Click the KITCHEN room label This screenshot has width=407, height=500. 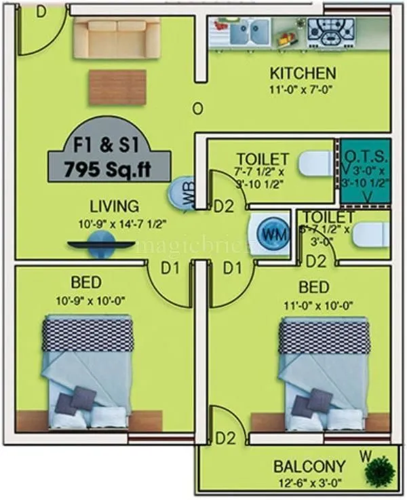[x=303, y=73]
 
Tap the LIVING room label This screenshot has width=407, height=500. [x=115, y=206]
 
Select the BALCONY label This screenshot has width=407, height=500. [x=309, y=467]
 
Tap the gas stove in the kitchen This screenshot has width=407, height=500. [x=330, y=30]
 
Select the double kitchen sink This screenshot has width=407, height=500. [x=250, y=31]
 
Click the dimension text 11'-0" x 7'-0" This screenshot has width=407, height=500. [x=303, y=88]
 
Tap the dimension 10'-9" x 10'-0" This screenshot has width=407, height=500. [x=96, y=299]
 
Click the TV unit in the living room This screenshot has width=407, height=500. [x=100, y=244]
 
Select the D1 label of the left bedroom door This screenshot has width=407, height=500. [x=170, y=268]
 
